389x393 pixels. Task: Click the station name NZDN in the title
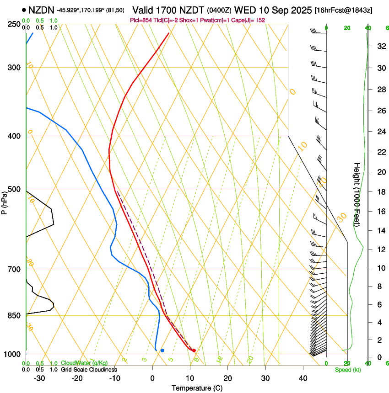point(41,10)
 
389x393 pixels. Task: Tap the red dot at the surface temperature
point(194,351)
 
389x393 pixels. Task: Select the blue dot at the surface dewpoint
point(162,351)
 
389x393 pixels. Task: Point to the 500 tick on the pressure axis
point(13,189)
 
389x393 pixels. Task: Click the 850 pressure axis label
point(13,315)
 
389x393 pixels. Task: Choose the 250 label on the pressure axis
point(13,24)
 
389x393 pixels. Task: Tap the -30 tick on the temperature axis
point(39,378)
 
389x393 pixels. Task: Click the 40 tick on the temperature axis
point(303,378)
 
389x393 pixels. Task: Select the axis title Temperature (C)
point(197,388)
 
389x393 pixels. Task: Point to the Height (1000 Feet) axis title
point(357,195)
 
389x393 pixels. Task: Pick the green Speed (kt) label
point(347,370)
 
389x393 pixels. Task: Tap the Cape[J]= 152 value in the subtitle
point(251,21)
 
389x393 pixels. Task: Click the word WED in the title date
point(244,10)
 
